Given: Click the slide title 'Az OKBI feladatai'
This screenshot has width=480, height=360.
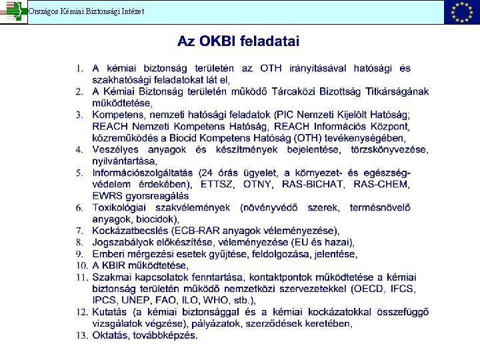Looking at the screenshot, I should [238, 41].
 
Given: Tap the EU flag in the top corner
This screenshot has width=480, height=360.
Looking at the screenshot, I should [461, 12].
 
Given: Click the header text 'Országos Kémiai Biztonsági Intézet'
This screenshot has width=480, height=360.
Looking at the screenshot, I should [85, 11].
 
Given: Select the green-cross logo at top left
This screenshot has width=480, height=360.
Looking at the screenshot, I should [13, 12].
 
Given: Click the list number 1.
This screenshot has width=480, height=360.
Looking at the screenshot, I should [79, 68].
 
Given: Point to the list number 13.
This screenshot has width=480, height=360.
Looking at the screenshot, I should [81, 335].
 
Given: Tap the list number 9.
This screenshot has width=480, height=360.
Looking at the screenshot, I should [79, 254].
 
